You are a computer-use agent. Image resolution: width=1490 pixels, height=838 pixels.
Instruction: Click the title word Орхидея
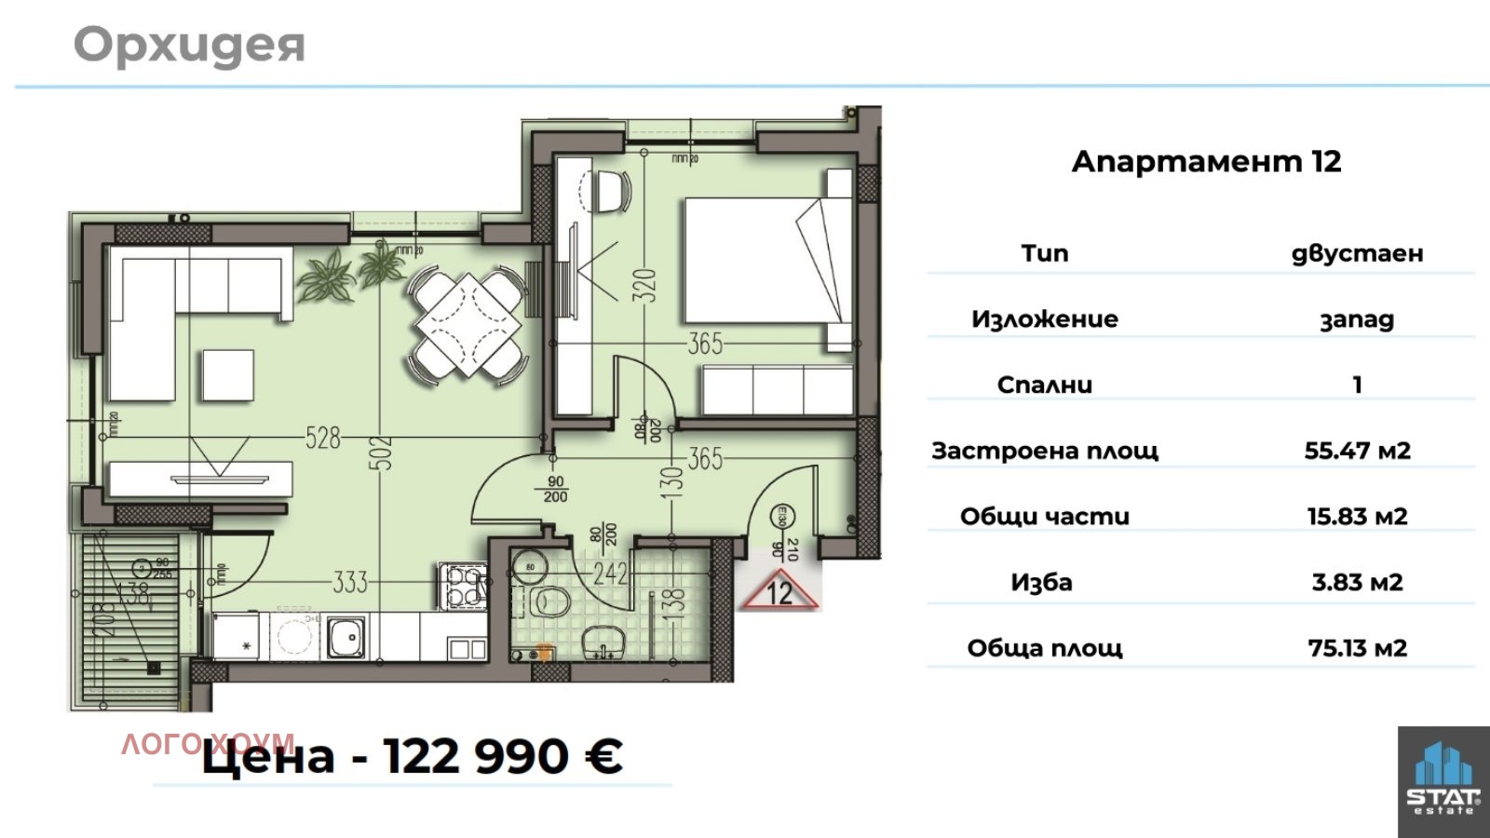189,45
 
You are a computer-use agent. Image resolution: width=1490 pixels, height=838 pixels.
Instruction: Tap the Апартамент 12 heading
1206,161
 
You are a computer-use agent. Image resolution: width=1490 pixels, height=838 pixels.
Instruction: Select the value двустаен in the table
1357,253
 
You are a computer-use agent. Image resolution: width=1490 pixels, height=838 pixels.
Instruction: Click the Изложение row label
1044,319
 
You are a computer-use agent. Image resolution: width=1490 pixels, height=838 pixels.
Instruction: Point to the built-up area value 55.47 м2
1357,451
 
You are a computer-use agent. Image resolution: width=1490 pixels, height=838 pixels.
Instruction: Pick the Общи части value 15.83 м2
1357,517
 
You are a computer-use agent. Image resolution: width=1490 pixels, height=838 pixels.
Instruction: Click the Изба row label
1041,583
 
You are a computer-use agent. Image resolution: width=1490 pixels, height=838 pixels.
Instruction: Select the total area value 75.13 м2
1357,648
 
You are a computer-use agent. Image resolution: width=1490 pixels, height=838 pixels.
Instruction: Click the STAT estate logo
1443,780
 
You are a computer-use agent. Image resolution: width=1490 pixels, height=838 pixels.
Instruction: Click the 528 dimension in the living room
323,437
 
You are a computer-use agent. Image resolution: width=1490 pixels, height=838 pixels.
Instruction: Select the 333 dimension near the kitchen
350,583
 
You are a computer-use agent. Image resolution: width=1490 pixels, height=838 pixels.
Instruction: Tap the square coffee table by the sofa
227,375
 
